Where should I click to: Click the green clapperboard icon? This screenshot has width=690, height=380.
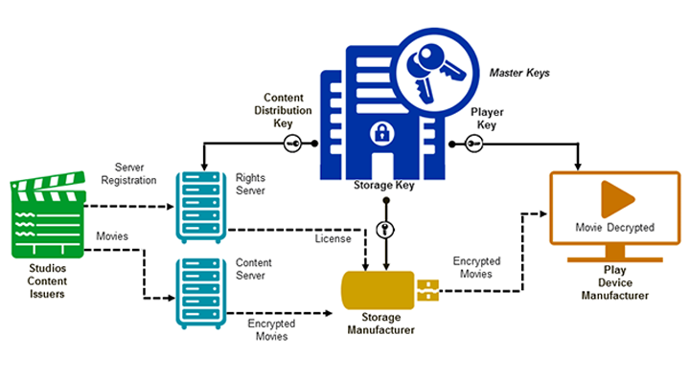(x=47, y=216)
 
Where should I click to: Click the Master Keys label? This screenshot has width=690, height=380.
(x=520, y=73)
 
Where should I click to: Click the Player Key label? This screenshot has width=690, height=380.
(x=486, y=118)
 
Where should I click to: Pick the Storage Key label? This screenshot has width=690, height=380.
(x=383, y=186)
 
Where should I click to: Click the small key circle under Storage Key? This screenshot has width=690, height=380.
(x=383, y=229)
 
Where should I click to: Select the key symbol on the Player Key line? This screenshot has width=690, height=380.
(x=472, y=144)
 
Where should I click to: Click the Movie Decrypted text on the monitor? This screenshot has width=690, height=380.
(x=614, y=228)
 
